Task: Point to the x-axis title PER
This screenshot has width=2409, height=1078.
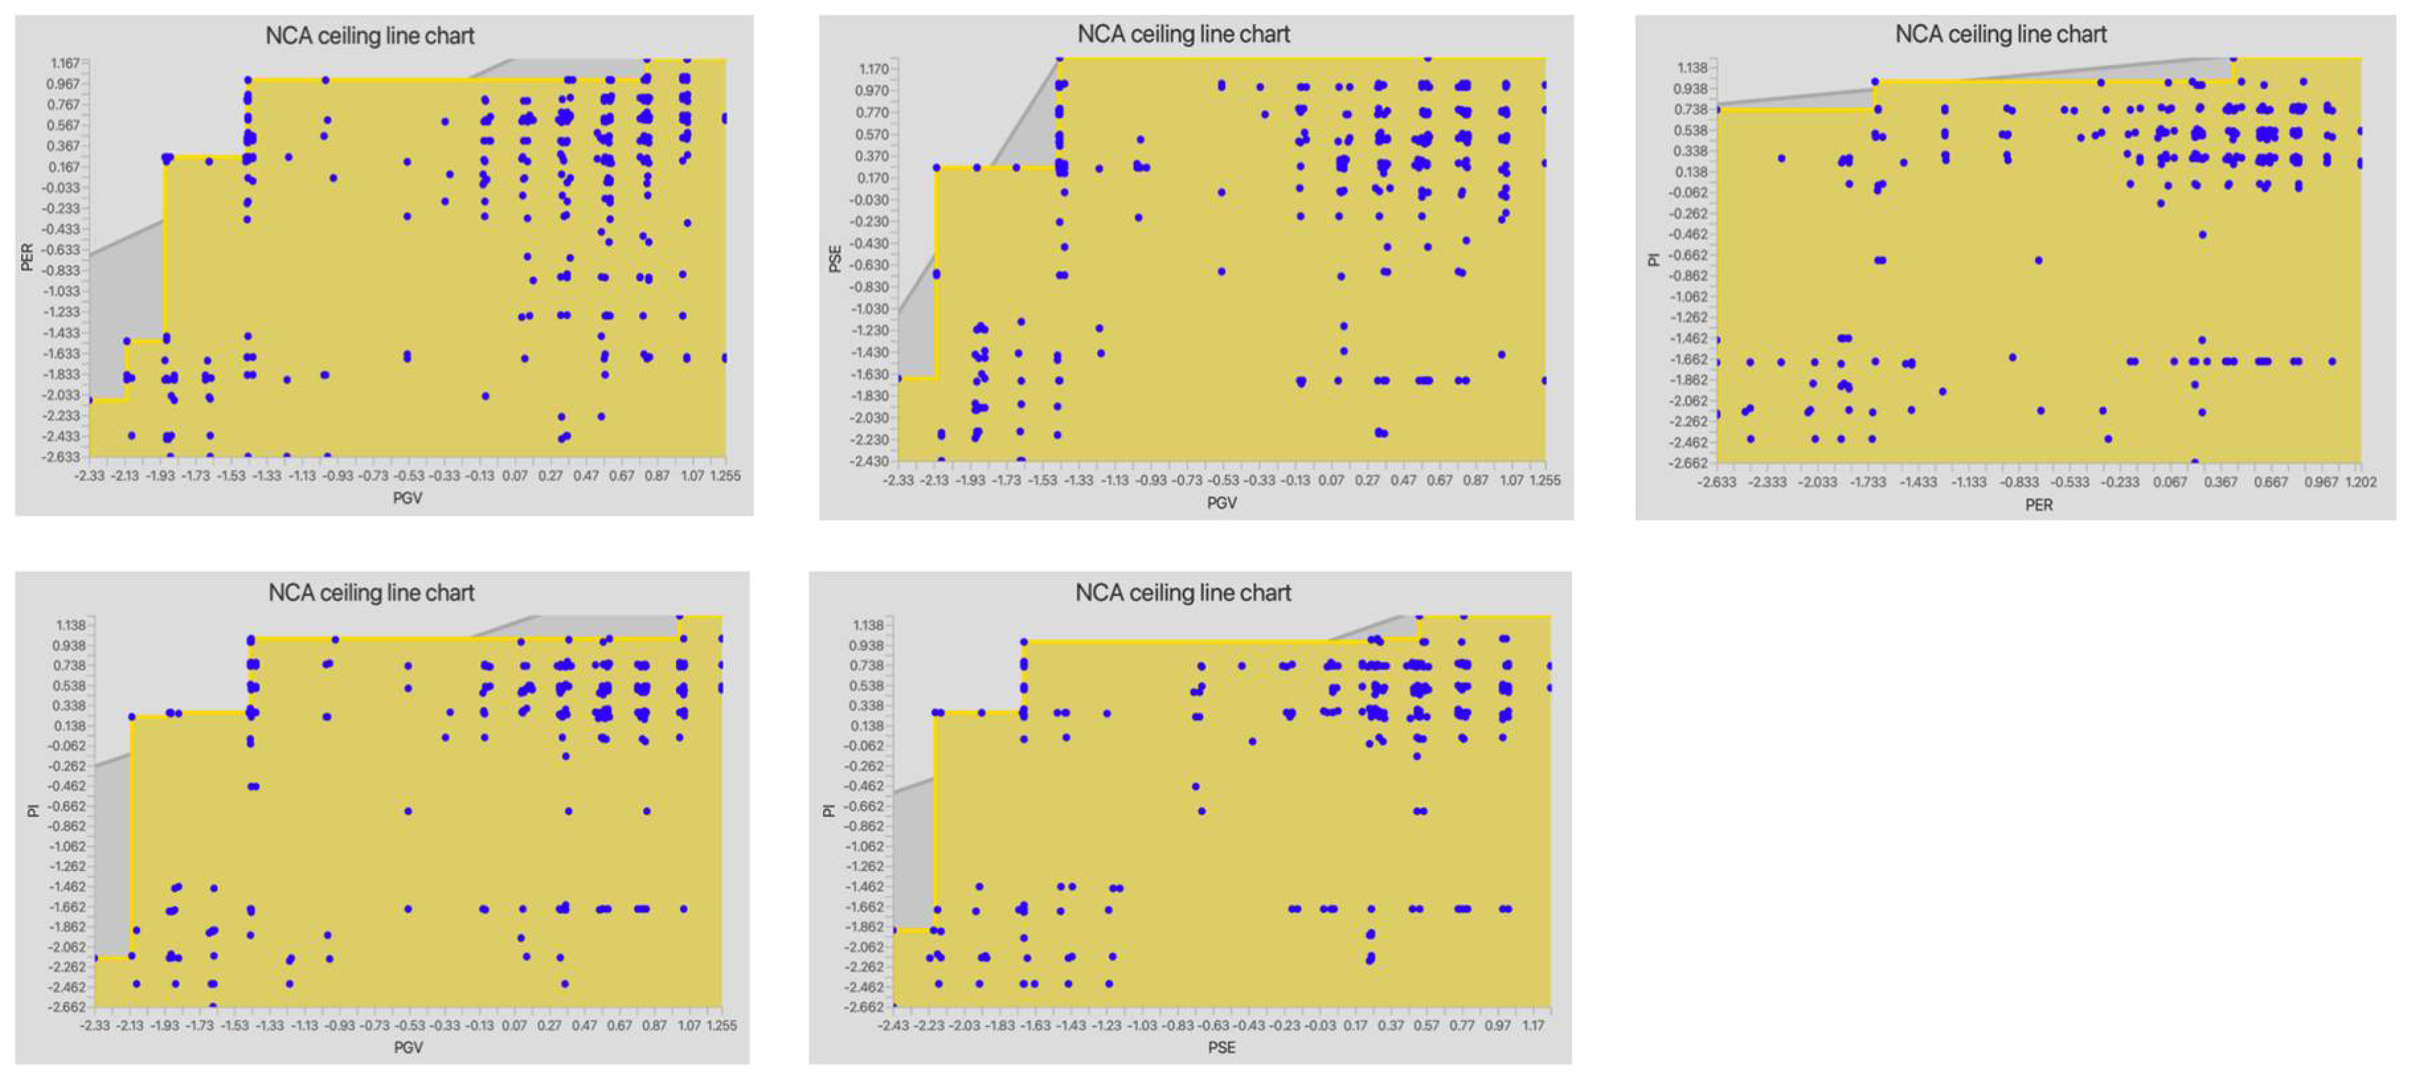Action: pos(2038,505)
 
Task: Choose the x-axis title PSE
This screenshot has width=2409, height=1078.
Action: pos(1221,1047)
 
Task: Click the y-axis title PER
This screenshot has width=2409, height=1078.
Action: pos(27,257)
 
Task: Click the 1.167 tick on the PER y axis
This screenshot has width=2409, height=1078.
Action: pos(65,63)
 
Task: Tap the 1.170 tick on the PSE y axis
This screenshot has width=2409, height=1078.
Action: pos(873,69)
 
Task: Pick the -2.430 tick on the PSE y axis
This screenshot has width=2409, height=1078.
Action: pos(869,461)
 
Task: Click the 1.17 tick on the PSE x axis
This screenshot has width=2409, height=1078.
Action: pos(1533,1026)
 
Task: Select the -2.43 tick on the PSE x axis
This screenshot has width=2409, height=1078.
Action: pos(893,1026)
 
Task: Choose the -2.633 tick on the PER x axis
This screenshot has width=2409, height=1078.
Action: pos(1716,482)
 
